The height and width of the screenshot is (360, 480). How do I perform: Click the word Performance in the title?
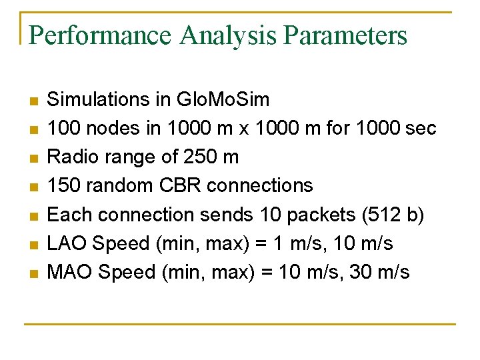(99, 35)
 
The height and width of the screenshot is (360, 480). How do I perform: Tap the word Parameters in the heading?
(345, 35)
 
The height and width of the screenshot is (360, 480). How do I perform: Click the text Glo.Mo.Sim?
(223, 100)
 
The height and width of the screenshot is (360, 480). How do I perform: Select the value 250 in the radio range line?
(197, 157)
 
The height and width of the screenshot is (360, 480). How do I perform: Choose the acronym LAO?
(67, 243)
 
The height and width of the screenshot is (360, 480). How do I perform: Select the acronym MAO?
(69, 272)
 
